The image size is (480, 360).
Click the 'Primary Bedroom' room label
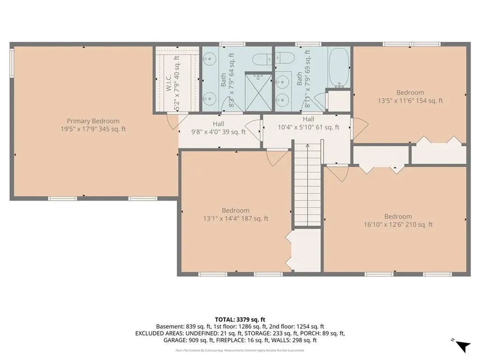coord(93,121)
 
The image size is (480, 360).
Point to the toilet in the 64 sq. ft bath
coord(260,59)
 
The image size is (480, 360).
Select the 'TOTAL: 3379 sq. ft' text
coord(240,318)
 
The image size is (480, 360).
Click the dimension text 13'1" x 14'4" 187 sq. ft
coord(235,218)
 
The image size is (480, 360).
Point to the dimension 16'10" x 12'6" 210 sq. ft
coord(398,225)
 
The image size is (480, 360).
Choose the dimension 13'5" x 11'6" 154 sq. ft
coord(410,101)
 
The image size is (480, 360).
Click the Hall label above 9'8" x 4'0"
coord(218,124)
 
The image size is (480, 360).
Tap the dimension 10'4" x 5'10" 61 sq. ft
coord(308,127)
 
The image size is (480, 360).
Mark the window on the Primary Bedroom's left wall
coord(12,62)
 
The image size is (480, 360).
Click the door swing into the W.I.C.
coord(172,120)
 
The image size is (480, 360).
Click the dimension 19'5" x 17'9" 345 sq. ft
coord(93,129)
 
